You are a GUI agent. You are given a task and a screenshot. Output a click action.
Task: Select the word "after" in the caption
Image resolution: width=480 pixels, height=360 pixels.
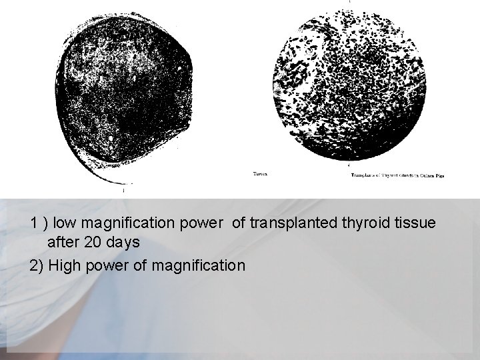(x=63, y=242)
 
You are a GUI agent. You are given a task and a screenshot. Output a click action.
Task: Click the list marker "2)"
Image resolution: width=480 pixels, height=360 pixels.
(x=37, y=266)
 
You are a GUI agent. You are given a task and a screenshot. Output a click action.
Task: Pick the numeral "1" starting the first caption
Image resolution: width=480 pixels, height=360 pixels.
(x=34, y=223)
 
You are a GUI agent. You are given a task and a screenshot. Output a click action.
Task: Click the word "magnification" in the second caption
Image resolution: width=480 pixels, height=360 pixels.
(x=199, y=266)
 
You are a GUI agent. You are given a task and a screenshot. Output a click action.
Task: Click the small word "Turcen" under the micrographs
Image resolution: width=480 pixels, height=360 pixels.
(x=261, y=175)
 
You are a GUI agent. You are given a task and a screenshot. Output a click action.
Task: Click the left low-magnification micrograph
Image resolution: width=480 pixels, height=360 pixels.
(x=123, y=93)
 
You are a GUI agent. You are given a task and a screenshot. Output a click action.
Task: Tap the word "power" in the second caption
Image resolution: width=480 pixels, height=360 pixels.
(x=107, y=266)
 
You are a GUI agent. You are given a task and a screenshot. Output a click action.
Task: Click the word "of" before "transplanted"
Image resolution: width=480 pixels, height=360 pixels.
(x=239, y=223)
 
